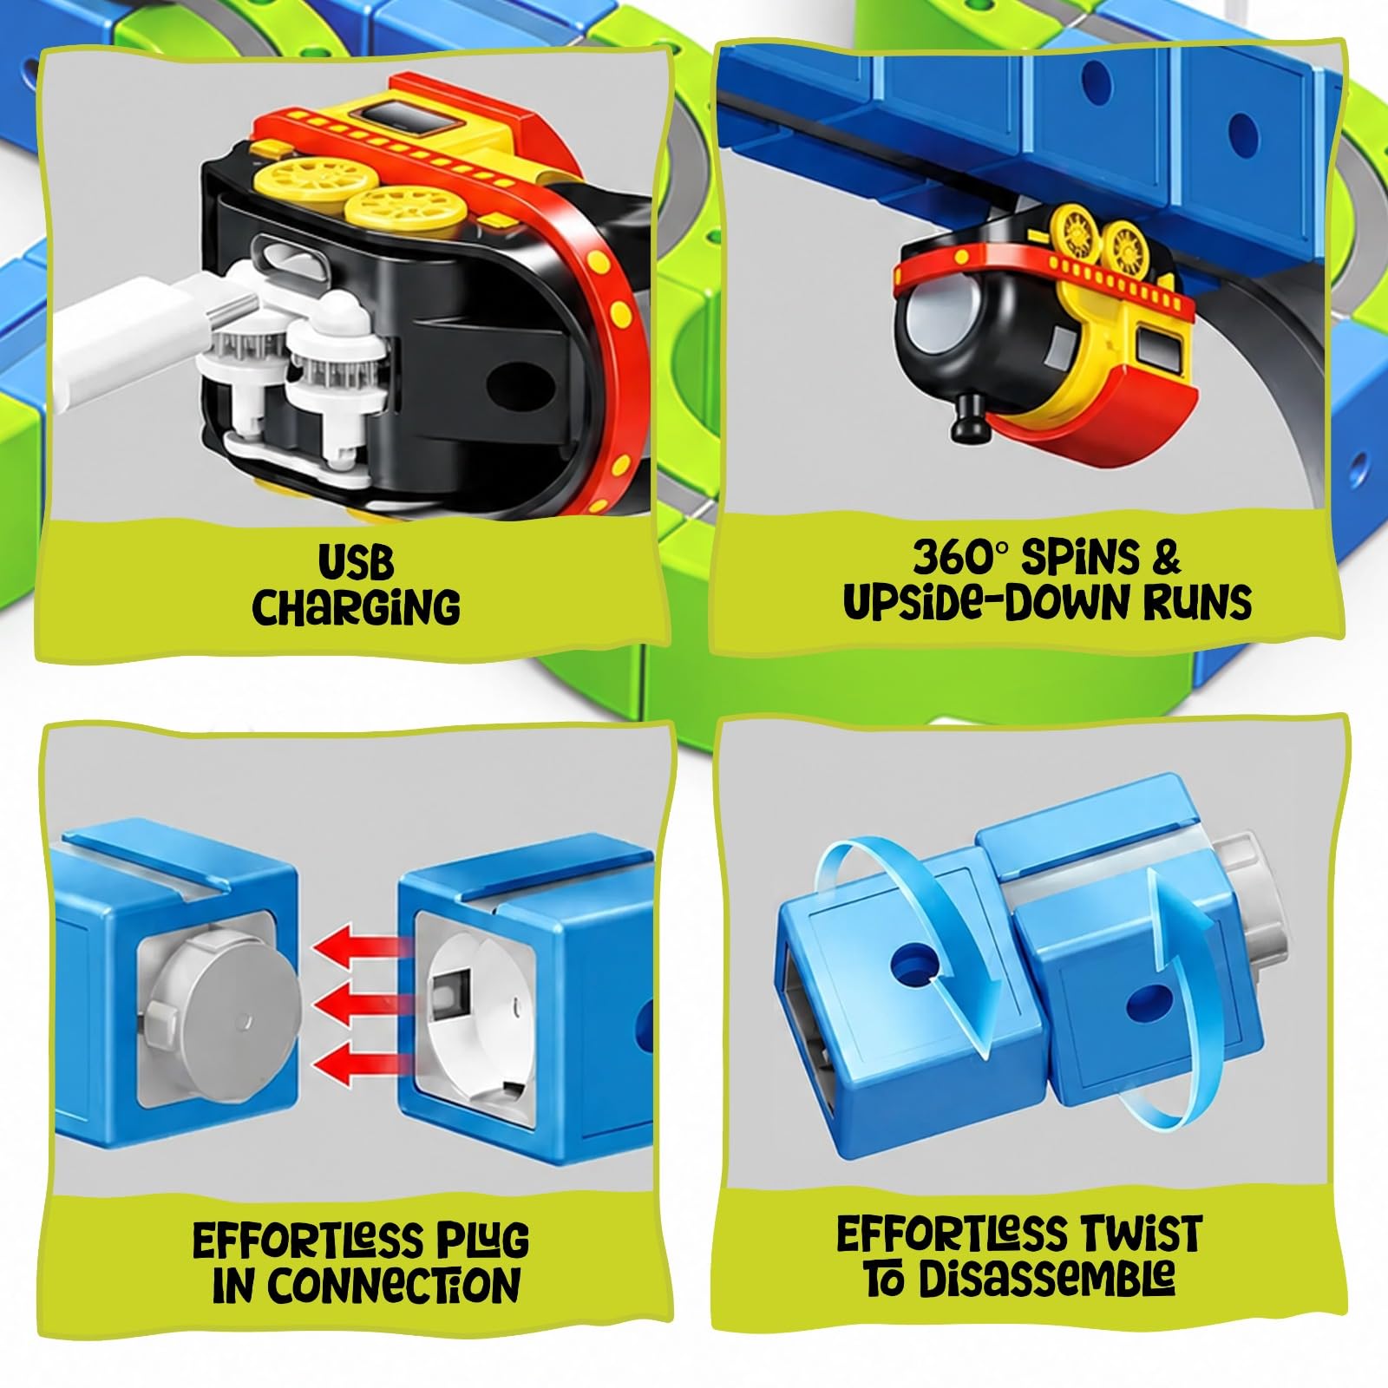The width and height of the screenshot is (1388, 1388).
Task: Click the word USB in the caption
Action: point(356,562)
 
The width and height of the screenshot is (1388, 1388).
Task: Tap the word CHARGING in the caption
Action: point(356,606)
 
